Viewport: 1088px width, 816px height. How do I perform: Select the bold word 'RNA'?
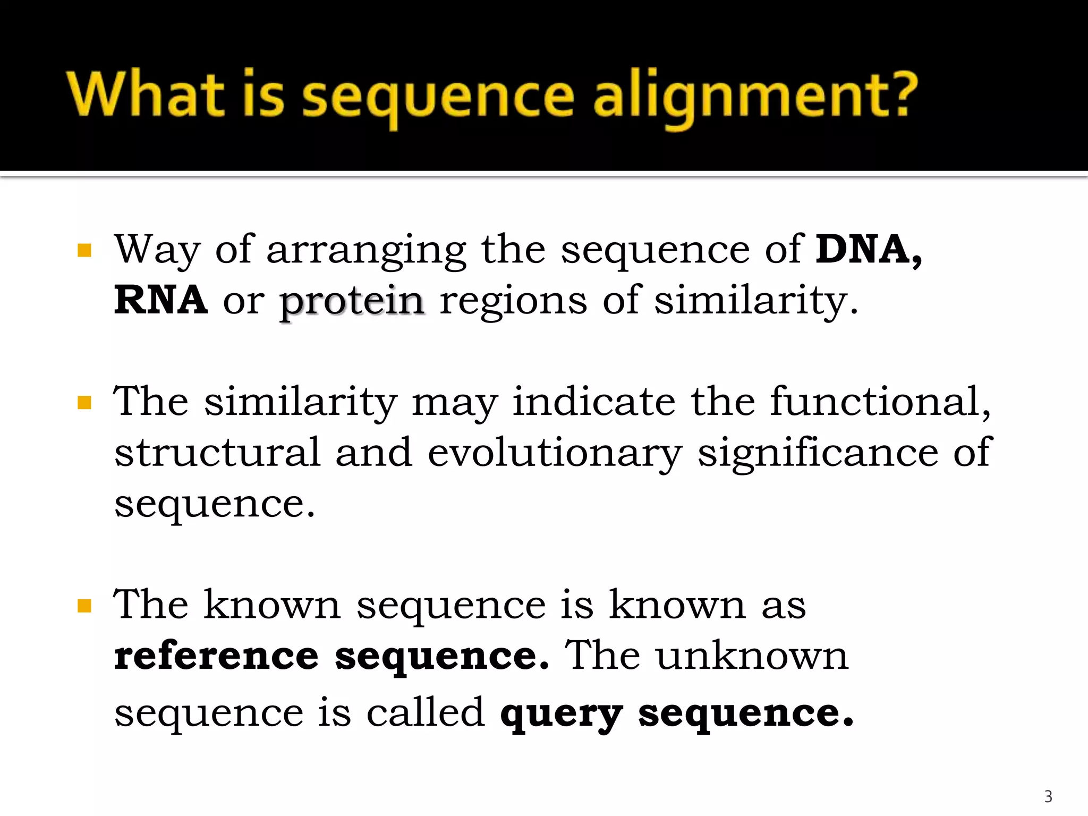click(160, 300)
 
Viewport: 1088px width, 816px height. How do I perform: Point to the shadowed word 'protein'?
click(352, 301)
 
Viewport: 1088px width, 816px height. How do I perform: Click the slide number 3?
click(1048, 796)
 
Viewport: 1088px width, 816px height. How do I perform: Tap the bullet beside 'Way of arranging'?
click(84, 250)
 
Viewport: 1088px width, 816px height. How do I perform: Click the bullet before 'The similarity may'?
click(84, 403)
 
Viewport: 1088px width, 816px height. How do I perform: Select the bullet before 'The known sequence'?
click(84, 606)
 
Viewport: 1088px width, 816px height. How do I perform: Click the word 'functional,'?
click(880, 401)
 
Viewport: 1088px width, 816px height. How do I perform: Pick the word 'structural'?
click(217, 452)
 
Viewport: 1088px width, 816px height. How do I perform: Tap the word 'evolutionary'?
click(554, 453)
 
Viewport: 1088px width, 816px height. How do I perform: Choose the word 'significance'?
click(818, 452)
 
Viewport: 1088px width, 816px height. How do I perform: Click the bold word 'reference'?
click(216, 657)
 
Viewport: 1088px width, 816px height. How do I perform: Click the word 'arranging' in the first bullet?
click(366, 250)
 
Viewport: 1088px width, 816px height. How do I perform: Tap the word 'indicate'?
click(593, 401)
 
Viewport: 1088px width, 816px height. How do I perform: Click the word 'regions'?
click(513, 301)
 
